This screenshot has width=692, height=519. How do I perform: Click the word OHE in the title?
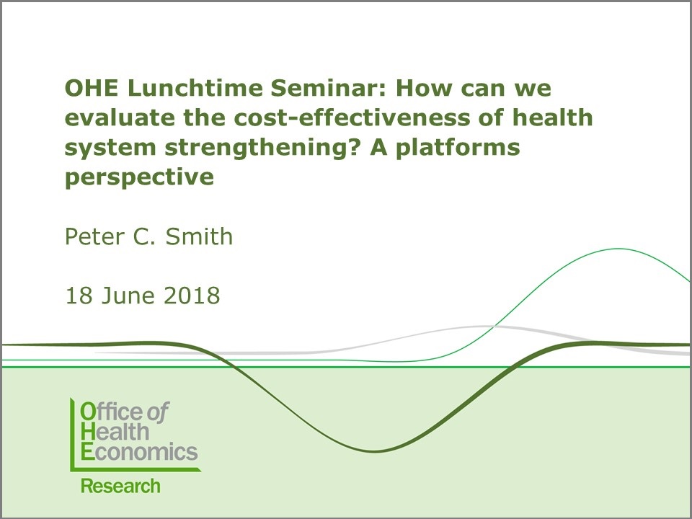coord(92,88)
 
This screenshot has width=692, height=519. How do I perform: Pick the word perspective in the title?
coord(139,178)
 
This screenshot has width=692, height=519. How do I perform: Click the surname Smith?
coord(199,236)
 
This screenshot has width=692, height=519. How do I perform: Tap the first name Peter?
coord(94,236)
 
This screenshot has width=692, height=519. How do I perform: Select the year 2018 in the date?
coord(192,296)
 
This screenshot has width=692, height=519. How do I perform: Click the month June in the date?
coord(128,296)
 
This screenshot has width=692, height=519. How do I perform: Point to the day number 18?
coord(79,296)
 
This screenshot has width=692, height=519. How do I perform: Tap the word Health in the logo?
coord(115,432)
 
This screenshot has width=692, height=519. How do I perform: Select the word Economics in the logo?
coord(139,451)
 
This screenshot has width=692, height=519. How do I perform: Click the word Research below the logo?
coord(120,486)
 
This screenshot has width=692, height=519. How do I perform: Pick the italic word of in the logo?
coord(158,412)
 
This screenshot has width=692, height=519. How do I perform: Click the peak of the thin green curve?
coord(618,249)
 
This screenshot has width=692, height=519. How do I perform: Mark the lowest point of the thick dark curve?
coord(373,451)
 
